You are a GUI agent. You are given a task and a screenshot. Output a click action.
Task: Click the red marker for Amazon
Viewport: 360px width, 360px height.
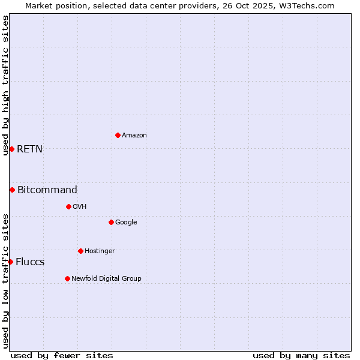click(118, 135)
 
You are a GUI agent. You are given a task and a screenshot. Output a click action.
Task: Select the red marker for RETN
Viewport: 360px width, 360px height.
click(11, 149)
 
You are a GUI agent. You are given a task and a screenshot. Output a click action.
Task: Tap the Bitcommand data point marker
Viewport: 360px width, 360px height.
click(12, 190)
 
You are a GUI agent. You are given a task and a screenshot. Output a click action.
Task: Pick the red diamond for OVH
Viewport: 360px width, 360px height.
click(68, 206)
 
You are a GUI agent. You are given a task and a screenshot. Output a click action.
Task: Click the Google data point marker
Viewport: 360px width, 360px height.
click(111, 222)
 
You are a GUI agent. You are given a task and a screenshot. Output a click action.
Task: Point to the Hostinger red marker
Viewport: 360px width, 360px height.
click(80, 251)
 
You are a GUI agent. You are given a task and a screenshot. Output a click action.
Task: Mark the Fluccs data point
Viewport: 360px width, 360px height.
click(10, 262)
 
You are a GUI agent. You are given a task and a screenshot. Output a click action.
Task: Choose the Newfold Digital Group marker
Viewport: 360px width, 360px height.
click(67, 278)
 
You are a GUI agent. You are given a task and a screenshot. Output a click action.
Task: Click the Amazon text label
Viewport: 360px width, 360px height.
click(134, 136)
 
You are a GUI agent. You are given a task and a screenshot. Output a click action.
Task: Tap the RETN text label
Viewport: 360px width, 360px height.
click(29, 149)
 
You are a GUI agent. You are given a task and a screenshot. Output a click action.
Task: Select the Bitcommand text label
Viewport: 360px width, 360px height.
click(47, 190)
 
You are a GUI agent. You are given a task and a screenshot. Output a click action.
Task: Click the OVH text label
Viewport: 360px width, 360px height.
click(80, 207)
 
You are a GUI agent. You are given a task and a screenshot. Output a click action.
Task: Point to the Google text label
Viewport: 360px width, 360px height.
click(126, 223)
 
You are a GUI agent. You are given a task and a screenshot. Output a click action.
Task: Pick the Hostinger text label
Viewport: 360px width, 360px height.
click(100, 251)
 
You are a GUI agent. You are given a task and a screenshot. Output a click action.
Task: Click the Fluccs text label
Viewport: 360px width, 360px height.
click(30, 262)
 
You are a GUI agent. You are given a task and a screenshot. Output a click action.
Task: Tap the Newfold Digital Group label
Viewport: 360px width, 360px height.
click(106, 279)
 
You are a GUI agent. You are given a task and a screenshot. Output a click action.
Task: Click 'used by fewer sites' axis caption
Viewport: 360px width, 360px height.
click(62, 355)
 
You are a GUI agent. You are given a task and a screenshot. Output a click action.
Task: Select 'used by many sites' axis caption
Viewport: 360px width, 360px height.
click(301, 355)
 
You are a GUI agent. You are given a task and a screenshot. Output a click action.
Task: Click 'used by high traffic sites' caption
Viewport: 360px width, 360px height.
click(5, 85)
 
